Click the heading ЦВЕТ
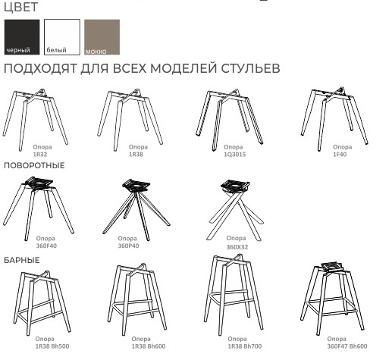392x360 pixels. [x=20, y=7]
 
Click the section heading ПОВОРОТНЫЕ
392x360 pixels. [x=34, y=165]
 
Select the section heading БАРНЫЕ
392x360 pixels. [x=21, y=260]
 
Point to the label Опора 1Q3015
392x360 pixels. [x=235, y=150]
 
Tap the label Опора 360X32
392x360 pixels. [x=237, y=243]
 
